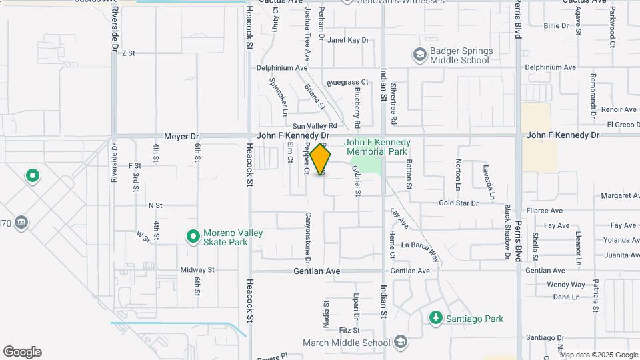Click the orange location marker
click(x=321, y=160)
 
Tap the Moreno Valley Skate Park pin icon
click(x=193, y=237)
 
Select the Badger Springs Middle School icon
click(x=420, y=54)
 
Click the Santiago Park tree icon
click(x=435, y=319)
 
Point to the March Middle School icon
click(x=400, y=343)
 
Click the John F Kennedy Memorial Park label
click(x=377, y=147)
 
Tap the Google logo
click(x=22, y=352)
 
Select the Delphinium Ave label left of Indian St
click(x=283, y=68)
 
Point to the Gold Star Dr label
click(x=459, y=203)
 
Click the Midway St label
click(x=197, y=270)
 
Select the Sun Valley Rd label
click(x=315, y=125)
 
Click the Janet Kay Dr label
click(x=348, y=40)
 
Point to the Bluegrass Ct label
click(x=347, y=83)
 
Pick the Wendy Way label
click(x=565, y=285)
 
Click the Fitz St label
click(x=349, y=330)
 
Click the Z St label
click(x=129, y=53)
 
